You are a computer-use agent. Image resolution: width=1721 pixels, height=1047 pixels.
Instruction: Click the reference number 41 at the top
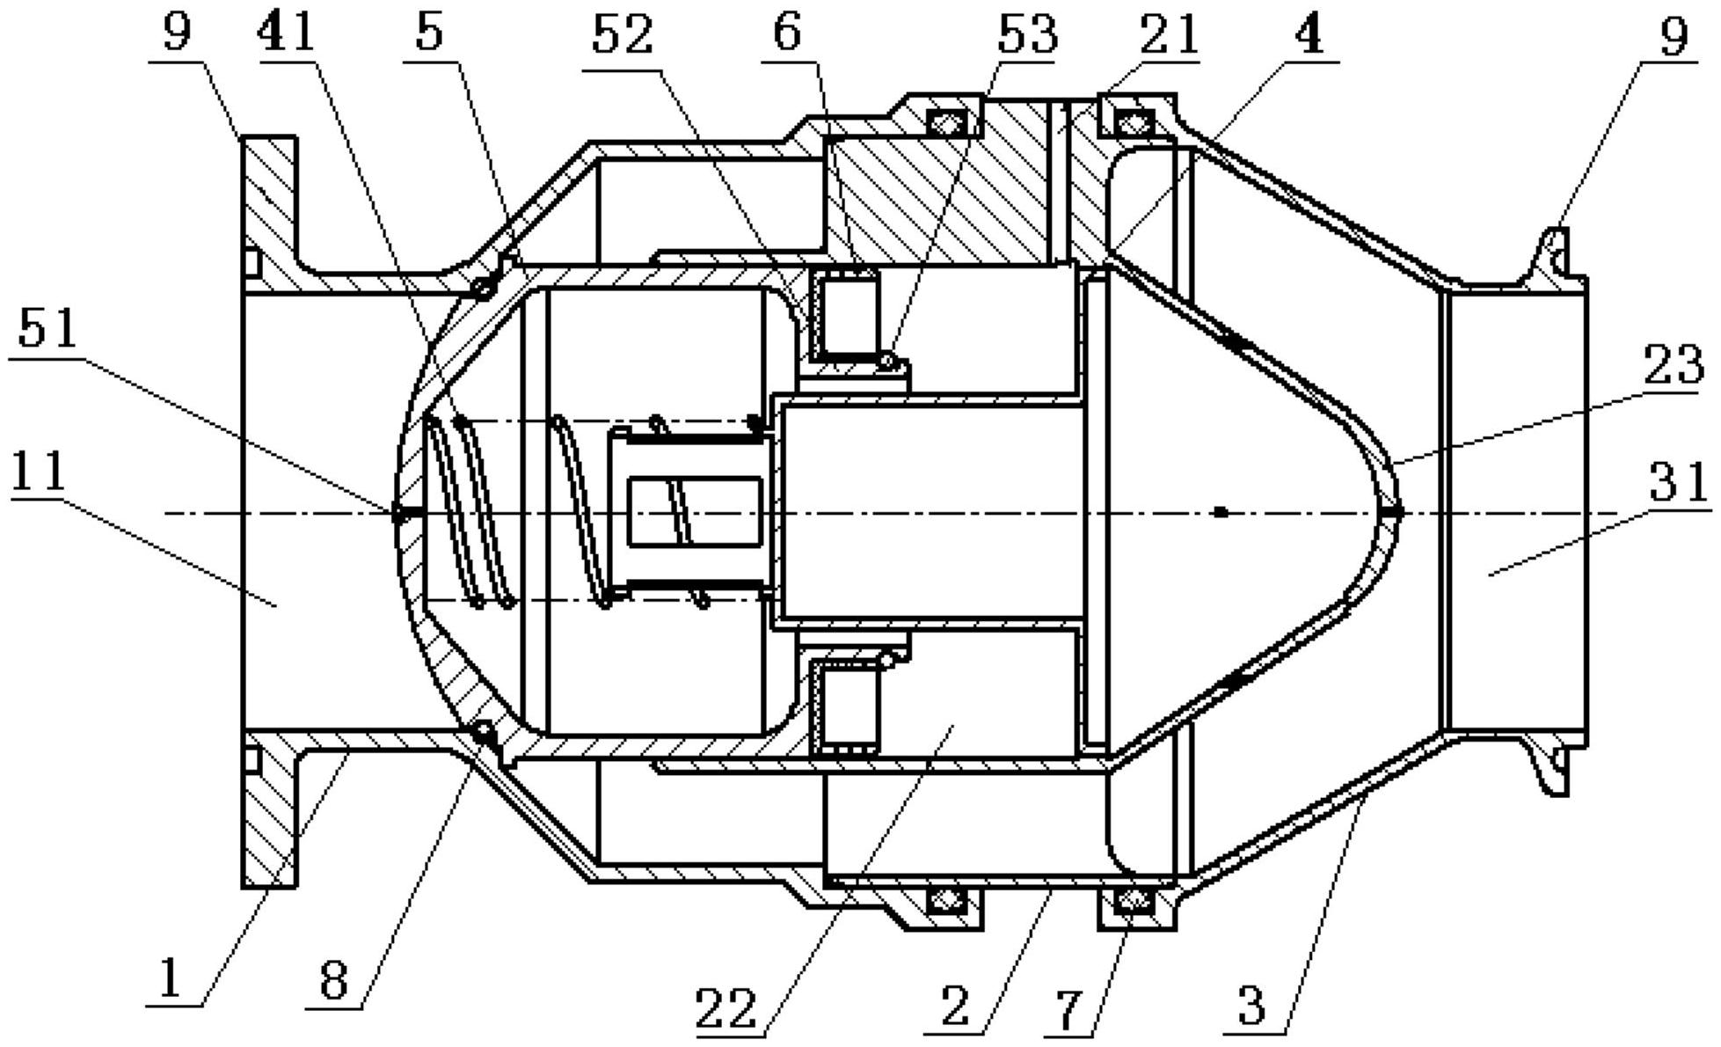[x=287, y=36]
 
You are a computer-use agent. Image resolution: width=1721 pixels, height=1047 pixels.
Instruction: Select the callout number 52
[x=623, y=36]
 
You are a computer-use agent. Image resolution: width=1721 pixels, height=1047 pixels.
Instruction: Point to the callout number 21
[x=1169, y=36]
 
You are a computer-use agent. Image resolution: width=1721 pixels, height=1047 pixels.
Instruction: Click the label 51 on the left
[x=48, y=331]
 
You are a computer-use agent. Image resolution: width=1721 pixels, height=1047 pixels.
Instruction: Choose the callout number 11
[x=40, y=472]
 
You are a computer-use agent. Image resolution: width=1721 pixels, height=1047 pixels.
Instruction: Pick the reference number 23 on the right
[x=1673, y=363]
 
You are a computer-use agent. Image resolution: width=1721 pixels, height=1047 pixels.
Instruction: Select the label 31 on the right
[x=1678, y=482]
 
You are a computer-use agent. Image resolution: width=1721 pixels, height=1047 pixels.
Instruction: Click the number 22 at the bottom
[x=726, y=1008]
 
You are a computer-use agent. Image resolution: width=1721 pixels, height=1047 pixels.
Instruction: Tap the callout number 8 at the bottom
[x=333, y=979]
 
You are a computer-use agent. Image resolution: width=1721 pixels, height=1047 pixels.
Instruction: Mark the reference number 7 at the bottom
[x=1068, y=1011]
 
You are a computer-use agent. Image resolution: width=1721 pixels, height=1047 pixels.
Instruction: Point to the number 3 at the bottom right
[x=1252, y=1005]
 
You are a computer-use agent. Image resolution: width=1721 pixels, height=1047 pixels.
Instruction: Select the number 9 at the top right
[x=1674, y=37]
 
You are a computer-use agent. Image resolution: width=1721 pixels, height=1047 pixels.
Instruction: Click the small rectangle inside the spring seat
[x=696, y=511]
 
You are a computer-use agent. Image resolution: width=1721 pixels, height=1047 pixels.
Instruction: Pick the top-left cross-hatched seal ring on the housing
[x=944, y=122]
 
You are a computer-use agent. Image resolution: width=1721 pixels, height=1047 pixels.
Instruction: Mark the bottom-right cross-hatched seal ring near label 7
[x=1136, y=900]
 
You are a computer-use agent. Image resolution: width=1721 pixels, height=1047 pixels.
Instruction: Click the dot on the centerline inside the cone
[x=1220, y=511]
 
